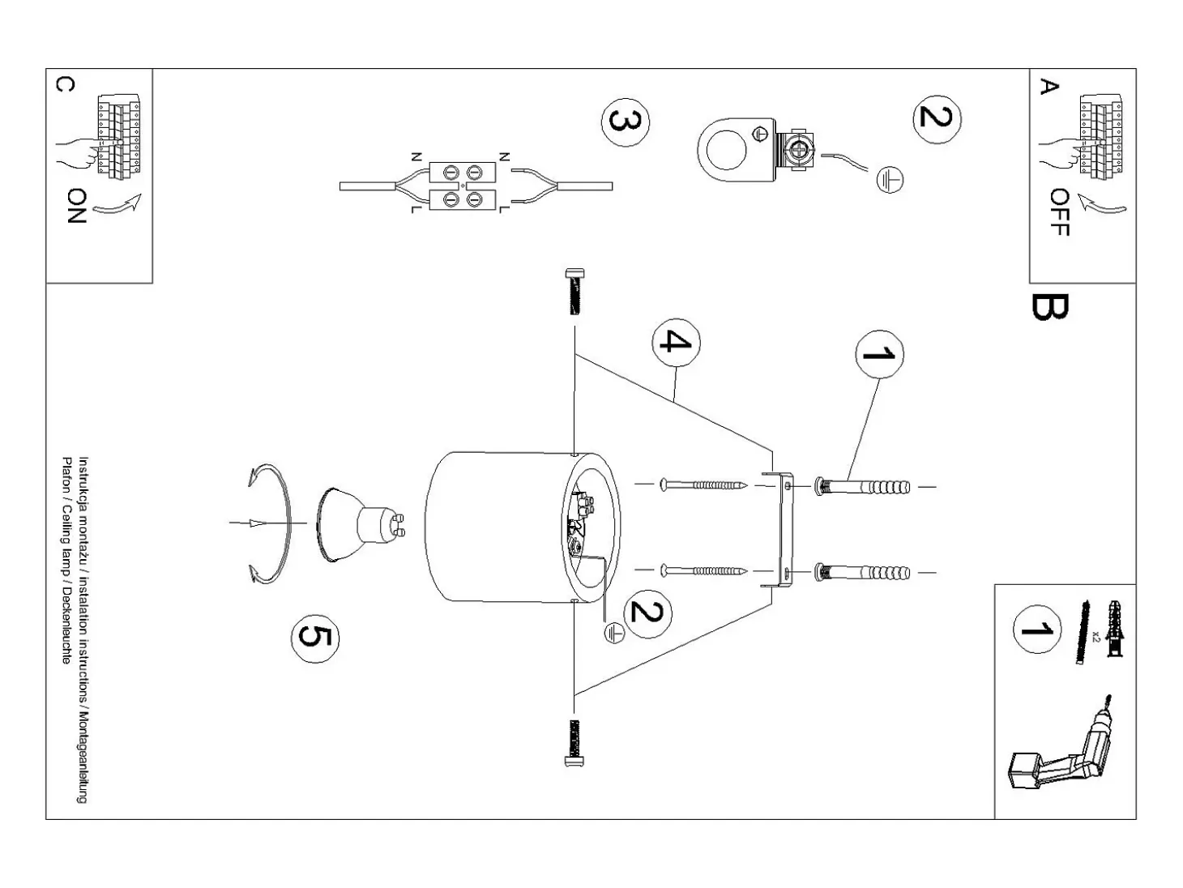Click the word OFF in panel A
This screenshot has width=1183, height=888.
pyautogui.click(x=1060, y=211)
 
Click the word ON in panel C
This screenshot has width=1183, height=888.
pyautogui.click(x=77, y=206)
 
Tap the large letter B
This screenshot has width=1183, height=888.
pyautogui.click(x=1049, y=306)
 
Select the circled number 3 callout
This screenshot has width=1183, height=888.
pyautogui.click(x=626, y=122)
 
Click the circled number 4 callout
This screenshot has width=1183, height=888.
pyautogui.click(x=676, y=342)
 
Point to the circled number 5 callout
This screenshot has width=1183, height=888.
pyautogui.click(x=315, y=638)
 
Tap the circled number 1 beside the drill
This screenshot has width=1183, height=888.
pyautogui.click(x=1037, y=630)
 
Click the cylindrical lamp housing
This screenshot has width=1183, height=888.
pyautogui.click(x=523, y=527)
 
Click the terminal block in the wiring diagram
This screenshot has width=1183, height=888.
pyautogui.click(x=463, y=186)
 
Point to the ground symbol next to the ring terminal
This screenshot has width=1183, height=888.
pyautogui.click(x=889, y=180)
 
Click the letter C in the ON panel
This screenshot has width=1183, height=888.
pyautogui.click(x=65, y=84)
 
